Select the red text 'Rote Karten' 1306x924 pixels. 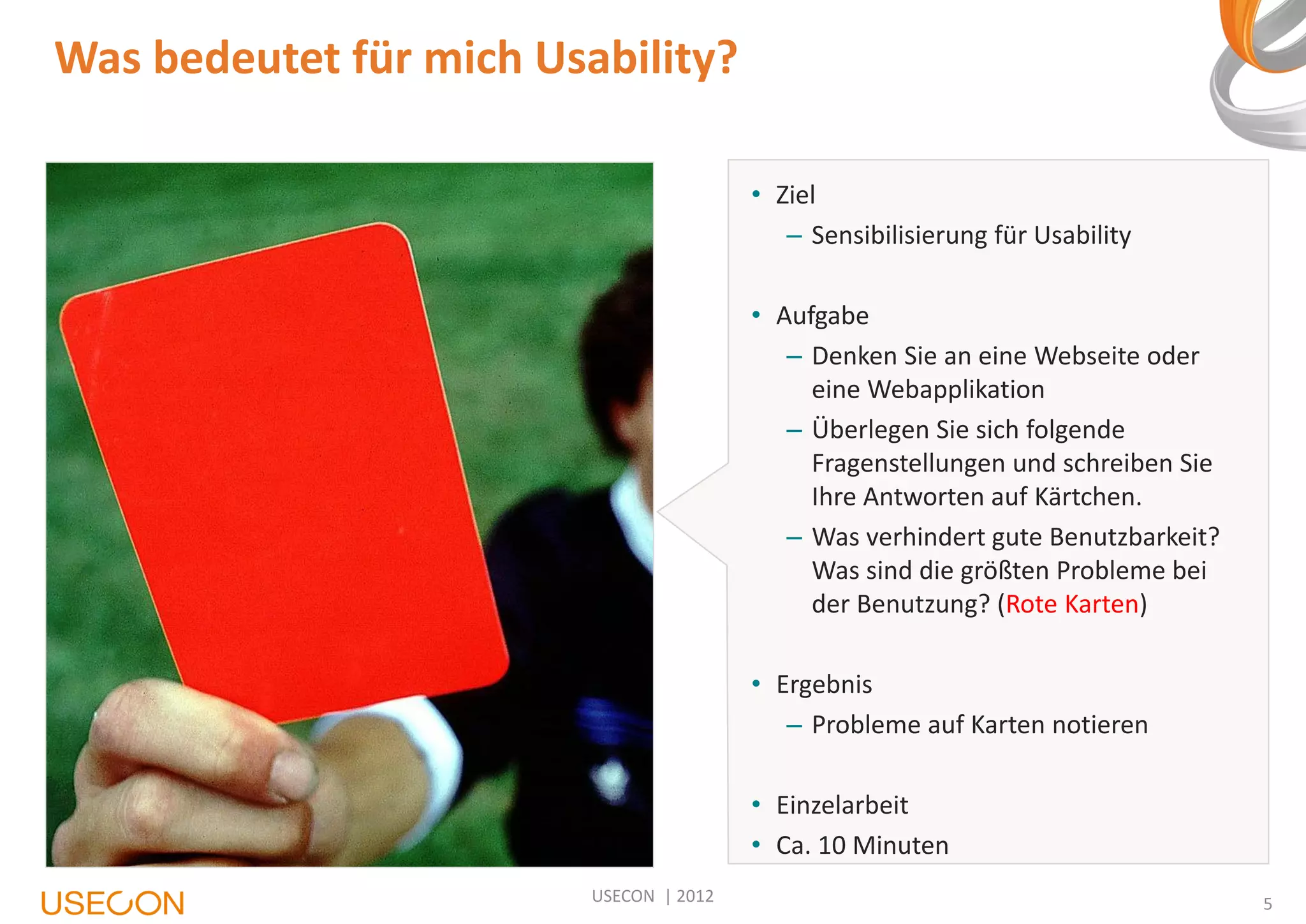[1072, 604]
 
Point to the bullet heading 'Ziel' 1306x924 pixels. [795, 195]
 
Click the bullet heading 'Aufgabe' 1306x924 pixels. [822, 316]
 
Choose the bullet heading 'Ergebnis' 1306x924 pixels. [824, 685]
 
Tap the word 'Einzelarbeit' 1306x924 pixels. [842, 805]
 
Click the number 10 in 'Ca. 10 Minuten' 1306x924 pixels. [832, 846]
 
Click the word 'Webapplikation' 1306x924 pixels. [956, 390]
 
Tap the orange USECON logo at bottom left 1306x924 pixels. [113, 903]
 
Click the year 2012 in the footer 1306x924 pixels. [694, 897]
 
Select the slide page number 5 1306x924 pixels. [1268, 904]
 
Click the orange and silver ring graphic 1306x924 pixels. [1259, 70]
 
